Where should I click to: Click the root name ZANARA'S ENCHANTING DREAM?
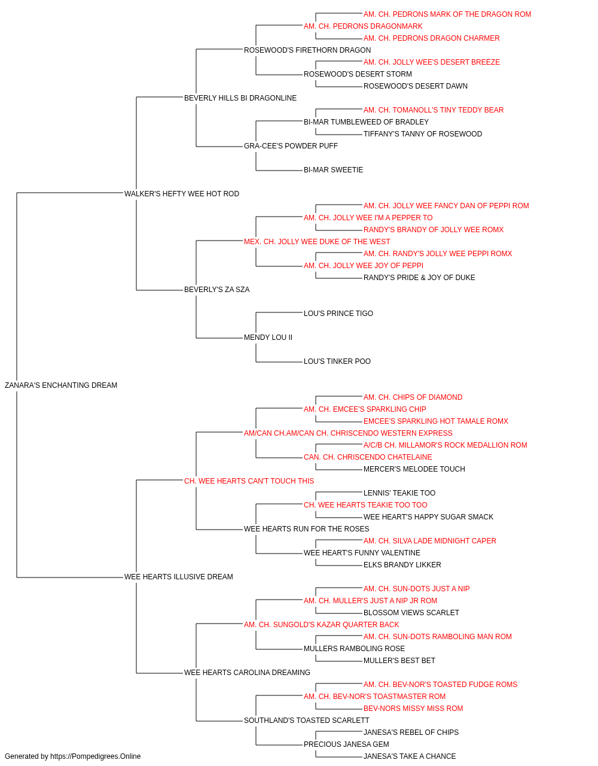coord(61,385)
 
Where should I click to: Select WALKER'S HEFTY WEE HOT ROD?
coord(182,194)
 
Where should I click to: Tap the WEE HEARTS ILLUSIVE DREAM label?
coord(179,577)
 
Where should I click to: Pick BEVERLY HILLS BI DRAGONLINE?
coord(240,98)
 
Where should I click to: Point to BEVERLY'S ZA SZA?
coord(217,290)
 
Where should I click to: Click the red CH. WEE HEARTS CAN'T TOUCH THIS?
coord(249,481)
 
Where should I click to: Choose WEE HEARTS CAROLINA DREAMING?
coord(247,673)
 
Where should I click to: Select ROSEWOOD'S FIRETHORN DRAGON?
coord(307,50)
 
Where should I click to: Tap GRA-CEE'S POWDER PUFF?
coord(291,146)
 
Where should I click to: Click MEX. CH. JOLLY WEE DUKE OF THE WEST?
coord(317,242)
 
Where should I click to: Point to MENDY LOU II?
coord(268,338)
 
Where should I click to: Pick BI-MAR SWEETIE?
coord(334,170)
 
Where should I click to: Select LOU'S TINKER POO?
coord(337,361)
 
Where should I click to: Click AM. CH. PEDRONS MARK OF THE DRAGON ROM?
coord(447,14)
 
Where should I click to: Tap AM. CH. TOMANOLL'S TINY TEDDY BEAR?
coord(434,110)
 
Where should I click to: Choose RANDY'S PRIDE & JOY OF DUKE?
coord(419,278)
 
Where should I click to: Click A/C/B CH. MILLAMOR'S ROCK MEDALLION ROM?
coord(445,445)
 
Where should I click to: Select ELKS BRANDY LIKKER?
coord(402,565)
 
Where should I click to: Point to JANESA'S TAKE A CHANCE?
coord(410,756)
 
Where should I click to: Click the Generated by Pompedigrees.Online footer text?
coord(72,756)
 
